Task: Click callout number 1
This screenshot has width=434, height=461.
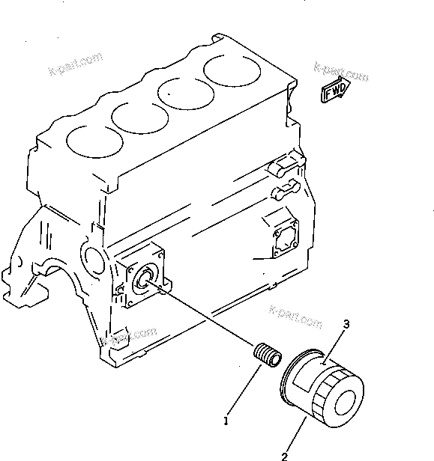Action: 226,421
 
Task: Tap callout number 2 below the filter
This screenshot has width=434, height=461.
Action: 286,454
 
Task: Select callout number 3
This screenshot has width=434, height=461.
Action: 346,324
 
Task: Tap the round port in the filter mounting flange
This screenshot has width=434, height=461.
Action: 142,279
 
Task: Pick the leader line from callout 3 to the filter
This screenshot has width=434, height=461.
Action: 334,345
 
